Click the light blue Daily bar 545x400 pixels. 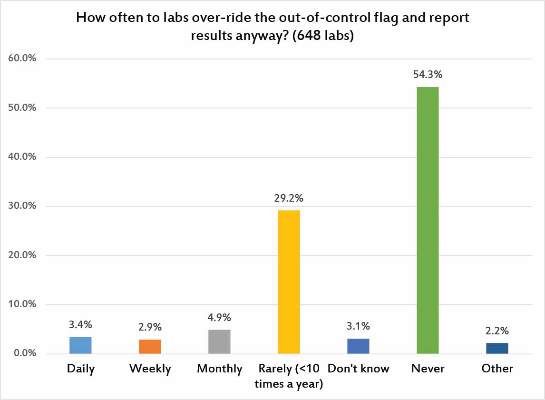80,345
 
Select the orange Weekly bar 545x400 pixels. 150,347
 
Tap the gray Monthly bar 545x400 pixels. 219,341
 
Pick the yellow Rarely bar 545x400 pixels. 289,282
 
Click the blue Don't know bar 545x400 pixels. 358,346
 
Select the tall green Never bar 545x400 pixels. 428,220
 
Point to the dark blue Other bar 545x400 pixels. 497,348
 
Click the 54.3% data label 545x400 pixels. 428,75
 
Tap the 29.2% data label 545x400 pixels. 289,198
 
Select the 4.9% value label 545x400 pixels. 219,318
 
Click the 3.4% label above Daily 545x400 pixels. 80,325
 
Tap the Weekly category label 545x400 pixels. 150,369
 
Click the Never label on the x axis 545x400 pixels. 428,369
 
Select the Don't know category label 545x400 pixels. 358,369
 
